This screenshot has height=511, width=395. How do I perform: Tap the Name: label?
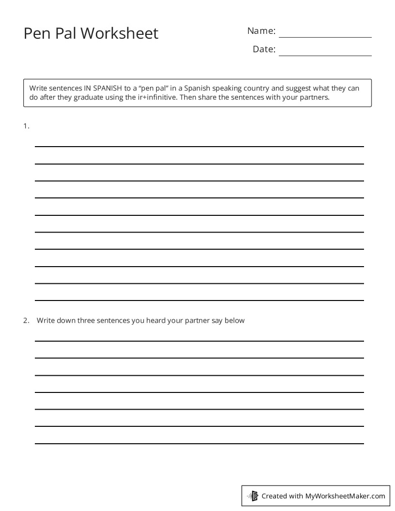click(x=261, y=31)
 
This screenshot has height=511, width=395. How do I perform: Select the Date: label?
click(x=264, y=49)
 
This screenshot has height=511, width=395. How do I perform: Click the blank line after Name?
click(x=325, y=37)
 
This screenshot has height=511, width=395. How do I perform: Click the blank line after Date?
click(x=325, y=55)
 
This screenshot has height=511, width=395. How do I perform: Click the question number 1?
click(x=26, y=126)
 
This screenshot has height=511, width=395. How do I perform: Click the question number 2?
click(x=26, y=320)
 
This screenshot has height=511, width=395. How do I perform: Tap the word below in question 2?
click(x=235, y=320)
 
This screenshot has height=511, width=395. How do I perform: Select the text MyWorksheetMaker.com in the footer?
click(x=345, y=496)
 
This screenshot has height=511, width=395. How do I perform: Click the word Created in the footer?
click(x=274, y=496)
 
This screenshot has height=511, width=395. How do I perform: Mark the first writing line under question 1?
click(x=199, y=146)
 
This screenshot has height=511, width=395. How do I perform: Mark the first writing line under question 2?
click(x=199, y=341)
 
